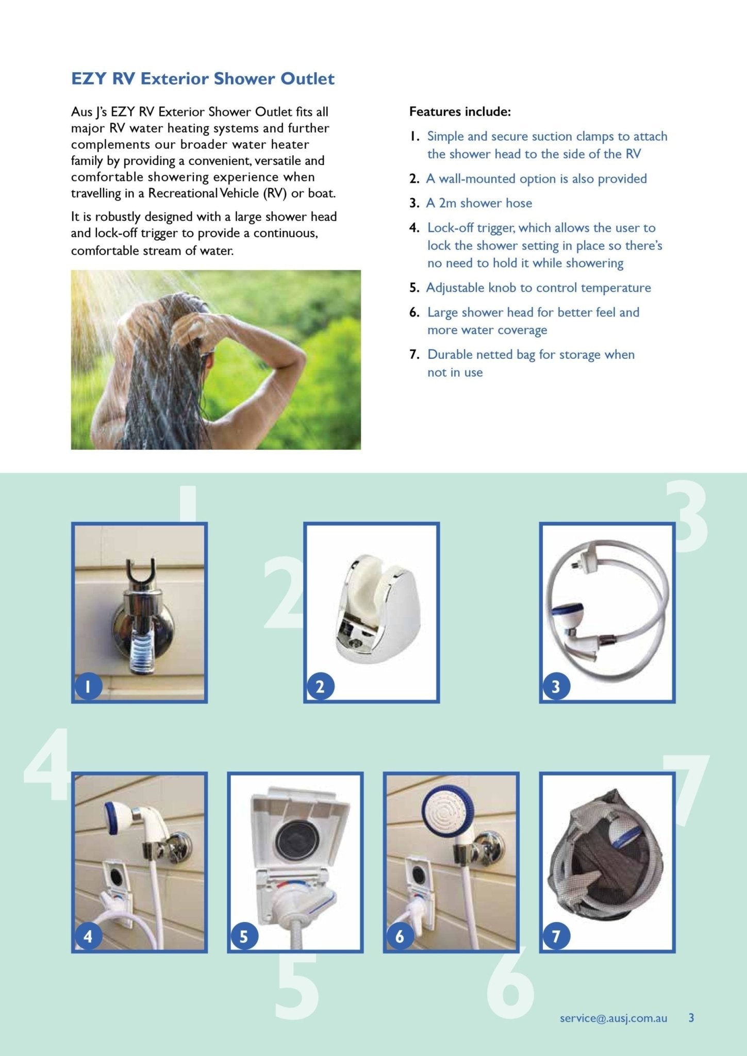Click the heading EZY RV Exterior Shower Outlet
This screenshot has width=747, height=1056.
(x=203, y=79)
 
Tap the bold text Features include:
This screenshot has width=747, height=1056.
(x=460, y=112)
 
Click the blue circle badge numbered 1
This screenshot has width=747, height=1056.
(x=88, y=686)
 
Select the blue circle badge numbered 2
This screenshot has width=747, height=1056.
(x=320, y=686)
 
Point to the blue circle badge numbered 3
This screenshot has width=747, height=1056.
(x=556, y=686)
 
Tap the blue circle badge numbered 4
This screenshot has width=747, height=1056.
(x=88, y=935)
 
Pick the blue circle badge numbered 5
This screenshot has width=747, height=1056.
(x=244, y=935)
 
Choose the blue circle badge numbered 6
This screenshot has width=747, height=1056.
(x=400, y=935)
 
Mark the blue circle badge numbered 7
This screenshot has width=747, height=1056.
(x=556, y=935)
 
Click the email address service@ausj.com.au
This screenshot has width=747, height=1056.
(x=613, y=1018)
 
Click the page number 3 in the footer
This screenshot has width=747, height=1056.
(x=691, y=1017)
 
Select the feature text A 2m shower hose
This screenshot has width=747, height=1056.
(x=478, y=203)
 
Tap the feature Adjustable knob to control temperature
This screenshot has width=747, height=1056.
(x=538, y=288)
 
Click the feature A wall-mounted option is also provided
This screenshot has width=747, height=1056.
(x=536, y=179)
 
